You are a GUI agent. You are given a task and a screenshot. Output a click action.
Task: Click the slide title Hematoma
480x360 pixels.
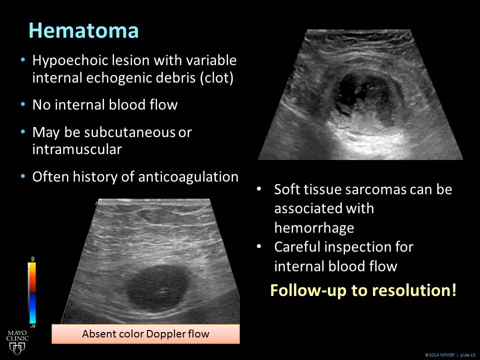point(83,30)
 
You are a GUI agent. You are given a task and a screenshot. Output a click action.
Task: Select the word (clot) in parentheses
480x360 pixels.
point(216,78)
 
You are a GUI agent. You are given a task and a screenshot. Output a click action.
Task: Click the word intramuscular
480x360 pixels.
point(77,149)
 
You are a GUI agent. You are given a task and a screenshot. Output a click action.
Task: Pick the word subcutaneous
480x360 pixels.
point(129,132)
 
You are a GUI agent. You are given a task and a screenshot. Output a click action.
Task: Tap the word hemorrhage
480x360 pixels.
point(314,228)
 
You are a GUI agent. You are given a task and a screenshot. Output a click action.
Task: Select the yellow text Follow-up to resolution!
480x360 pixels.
point(363,290)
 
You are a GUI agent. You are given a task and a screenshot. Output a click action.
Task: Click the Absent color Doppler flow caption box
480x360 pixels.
point(145,333)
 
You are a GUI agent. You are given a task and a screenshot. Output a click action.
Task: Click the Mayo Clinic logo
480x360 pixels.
point(17,342)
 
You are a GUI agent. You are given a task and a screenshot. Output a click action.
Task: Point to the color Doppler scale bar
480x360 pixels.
point(32,293)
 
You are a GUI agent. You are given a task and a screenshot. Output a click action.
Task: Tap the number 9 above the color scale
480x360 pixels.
point(33,259)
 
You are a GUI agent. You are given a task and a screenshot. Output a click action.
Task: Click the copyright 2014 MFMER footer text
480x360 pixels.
point(439,355)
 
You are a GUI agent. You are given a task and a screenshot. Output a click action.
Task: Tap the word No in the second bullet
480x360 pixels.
point(41,105)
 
